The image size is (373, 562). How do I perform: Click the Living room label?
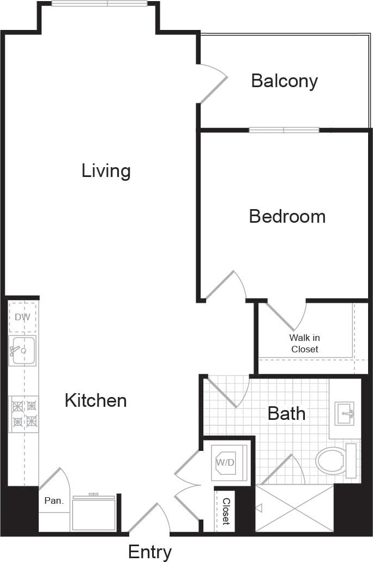click(106, 171)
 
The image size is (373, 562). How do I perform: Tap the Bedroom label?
click(287, 216)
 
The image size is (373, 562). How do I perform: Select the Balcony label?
click(284, 81)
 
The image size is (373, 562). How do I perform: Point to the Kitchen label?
click(95, 401)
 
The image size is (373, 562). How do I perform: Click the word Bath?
click(286, 413)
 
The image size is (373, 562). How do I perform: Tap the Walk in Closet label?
click(304, 344)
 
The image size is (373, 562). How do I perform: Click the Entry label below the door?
click(150, 552)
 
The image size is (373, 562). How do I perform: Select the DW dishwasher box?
click(22, 317)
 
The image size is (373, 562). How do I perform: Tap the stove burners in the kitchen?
click(23, 413)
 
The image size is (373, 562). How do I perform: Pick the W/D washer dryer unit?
click(229, 462)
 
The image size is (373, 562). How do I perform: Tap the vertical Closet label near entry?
click(225, 511)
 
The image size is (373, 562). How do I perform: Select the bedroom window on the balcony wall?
click(284, 130)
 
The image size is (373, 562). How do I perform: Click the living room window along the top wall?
click(99, 4)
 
